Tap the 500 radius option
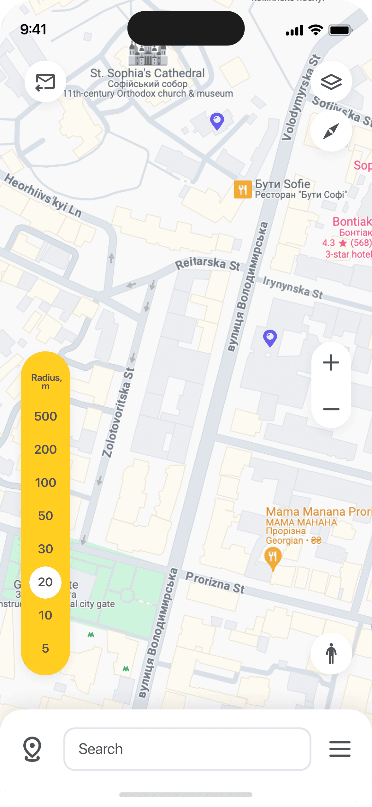[x=45, y=416]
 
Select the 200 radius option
[x=45, y=449]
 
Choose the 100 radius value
[x=45, y=482]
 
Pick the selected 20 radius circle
[x=45, y=582]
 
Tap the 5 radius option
[x=45, y=648]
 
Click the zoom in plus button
[x=331, y=362]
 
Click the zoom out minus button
[x=331, y=409]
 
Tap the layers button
[x=331, y=82]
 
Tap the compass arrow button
[x=331, y=131]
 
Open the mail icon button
[x=45, y=82]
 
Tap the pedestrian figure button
[x=331, y=654]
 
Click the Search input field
[x=187, y=749]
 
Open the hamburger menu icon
[x=340, y=749]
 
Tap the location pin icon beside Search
[x=32, y=749]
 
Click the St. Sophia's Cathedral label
[x=147, y=73]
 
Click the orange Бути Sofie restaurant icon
[x=242, y=189]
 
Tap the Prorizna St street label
[x=215, y=583]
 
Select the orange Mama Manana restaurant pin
[x=273, y=558]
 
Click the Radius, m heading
[x=46, y=381]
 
